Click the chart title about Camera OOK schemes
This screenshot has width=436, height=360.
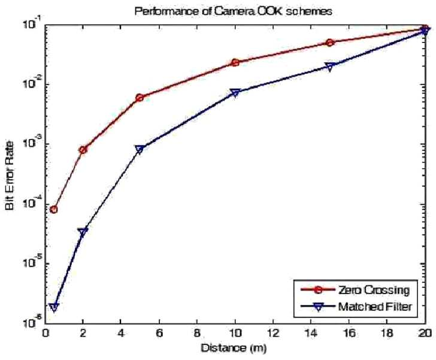tap(234, 11)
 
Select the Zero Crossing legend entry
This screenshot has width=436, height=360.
tap(355, 290)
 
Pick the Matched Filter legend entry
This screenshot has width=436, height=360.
tap(356, 307)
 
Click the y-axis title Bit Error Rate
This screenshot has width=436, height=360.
tap(10, 176)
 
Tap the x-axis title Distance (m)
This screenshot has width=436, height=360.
tap(234, 348)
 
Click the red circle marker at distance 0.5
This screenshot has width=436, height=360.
tap(54, 209)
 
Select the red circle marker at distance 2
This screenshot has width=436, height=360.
tap(83, 150)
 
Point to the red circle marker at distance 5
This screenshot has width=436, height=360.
tap(140, 98)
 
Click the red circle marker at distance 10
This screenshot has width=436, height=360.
tap(235, 63)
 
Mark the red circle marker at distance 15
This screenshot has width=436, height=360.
tap(330, 43)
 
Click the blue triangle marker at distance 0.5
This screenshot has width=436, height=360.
tap(54, 307)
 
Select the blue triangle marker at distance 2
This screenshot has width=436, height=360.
tap(83, 232)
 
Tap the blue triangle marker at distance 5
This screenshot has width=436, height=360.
tap(140, 149)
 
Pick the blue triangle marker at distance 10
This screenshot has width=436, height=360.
tap(235, 93)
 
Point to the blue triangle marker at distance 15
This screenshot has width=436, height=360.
tap(330, 66)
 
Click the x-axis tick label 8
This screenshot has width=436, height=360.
tap(197, 332)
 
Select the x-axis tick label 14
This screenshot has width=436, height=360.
tap(311, 332)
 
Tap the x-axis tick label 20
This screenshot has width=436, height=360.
tap(425, 332)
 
